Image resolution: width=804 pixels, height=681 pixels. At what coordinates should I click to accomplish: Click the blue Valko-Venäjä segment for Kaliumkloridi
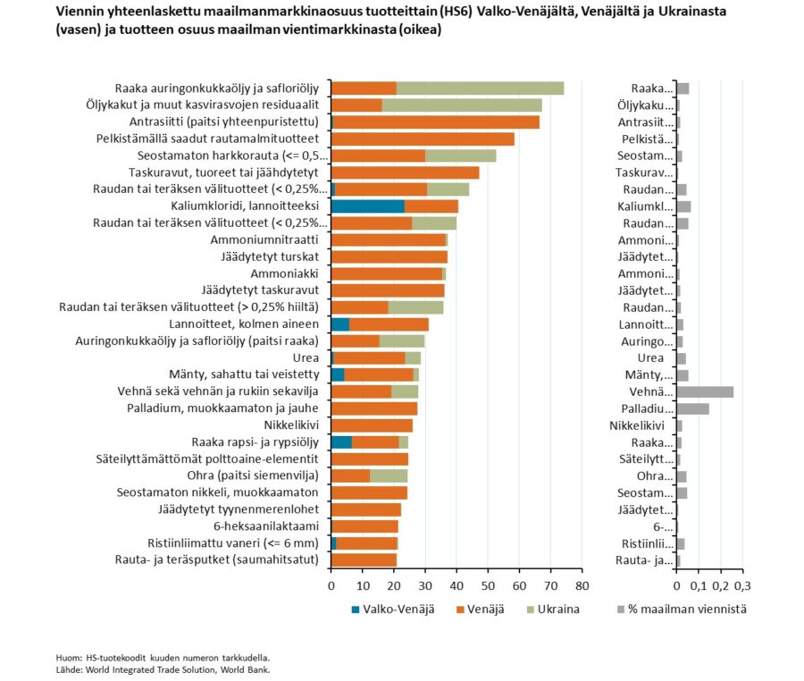click(x=368, y=206)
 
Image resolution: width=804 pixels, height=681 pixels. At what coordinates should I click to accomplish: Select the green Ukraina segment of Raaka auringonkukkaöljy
click(x=481, y=88)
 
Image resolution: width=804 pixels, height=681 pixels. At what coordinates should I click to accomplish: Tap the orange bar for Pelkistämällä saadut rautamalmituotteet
click(x=423, y=139)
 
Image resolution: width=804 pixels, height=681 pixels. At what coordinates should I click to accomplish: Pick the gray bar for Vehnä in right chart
click(x=705, y=391)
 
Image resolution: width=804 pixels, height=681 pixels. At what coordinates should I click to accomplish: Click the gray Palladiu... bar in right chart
click(x=693, y=408)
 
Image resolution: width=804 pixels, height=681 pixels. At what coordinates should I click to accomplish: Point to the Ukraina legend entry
click(x=553, y=610)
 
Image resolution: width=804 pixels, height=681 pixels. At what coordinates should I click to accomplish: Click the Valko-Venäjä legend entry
click(x=393, y=610)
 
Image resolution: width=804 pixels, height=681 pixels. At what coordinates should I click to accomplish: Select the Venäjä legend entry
click(x=481, y=610)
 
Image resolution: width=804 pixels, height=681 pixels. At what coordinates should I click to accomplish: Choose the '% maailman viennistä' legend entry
click(x=682, y=610)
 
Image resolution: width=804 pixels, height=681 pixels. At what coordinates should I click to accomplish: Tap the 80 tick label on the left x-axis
click(x=582, y=585)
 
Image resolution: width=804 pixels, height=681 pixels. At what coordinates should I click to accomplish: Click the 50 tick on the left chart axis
click(x=488, y=585)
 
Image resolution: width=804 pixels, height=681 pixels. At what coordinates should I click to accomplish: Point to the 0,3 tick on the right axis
click(x=742, y=585)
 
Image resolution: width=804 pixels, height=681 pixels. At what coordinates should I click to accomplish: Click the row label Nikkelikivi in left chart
click(x=291, y=425)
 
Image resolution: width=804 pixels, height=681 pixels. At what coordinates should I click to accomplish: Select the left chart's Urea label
click(x=306, y=357)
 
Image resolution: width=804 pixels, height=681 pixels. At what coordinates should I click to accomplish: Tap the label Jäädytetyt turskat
click(x=270, y=256)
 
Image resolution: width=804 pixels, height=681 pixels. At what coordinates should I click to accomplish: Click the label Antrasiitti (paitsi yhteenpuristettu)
click(x=224, y=122)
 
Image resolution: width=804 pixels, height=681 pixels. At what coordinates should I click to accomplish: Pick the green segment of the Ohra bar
click(x=389, y=475)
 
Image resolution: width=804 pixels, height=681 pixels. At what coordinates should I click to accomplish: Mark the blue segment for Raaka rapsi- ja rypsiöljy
click(x=341, y=442)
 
